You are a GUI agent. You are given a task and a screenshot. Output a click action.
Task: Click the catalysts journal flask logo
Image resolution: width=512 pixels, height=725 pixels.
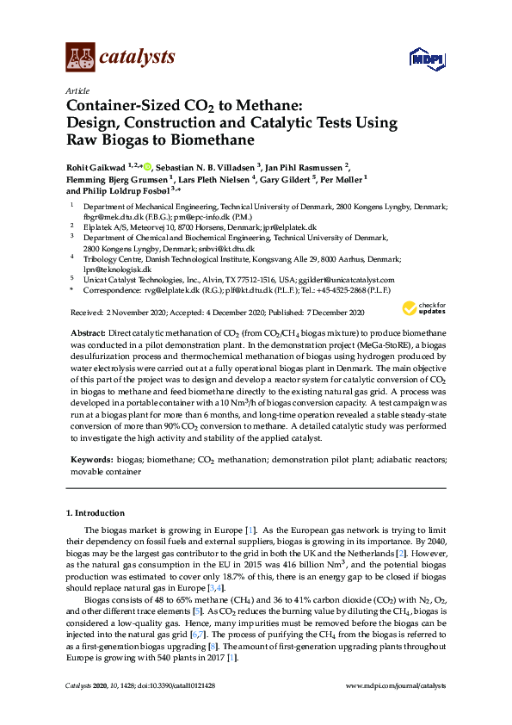pyautogui.click(x=80, y=58)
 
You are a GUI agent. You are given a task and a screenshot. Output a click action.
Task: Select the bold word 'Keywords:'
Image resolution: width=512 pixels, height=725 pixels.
pyautogui.click(x=91, y=461)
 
